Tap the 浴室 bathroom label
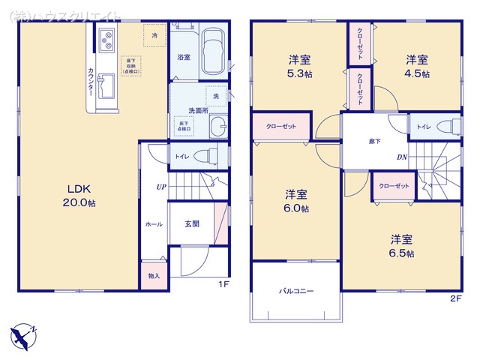[182, 57]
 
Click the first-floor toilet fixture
[204, 156]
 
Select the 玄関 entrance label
[192, 223]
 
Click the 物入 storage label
[154, 276]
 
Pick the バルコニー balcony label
[297, 290]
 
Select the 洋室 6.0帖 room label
[295, 200]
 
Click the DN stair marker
[402, 157]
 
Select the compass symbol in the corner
[22, 334]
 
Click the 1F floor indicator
[223, 284]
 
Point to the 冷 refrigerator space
[154, 36]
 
